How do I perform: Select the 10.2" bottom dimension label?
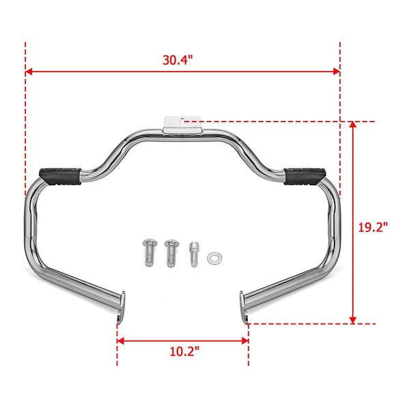coord(184,353)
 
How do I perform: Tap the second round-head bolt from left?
coord(171,253)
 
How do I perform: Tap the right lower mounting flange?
coord(244,307)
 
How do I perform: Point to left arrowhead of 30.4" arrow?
coord(29,71)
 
